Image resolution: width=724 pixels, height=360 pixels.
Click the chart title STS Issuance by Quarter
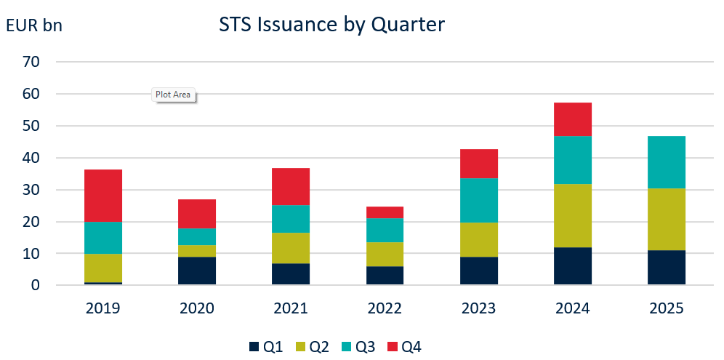331,25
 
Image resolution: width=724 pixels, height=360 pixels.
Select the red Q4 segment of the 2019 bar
103,196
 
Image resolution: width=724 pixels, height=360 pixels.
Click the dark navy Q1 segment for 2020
197,270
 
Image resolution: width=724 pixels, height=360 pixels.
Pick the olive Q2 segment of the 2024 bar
573,215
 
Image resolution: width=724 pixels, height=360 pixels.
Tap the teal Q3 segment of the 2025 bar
667,162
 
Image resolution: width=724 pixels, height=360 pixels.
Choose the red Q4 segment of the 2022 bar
385,212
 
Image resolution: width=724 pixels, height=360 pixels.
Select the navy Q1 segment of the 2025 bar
667,267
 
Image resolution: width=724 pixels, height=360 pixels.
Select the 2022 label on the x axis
385,308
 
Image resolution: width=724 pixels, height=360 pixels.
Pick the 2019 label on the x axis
103,308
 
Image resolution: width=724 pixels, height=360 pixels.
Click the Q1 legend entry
265,347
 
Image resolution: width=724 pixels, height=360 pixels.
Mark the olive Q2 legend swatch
299,347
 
